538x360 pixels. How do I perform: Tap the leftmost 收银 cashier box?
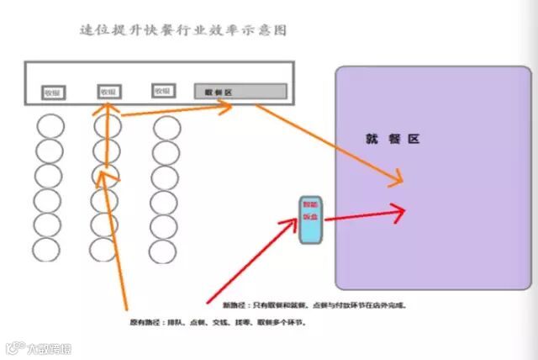[53, 92]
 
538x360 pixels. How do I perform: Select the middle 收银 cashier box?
[108, 91]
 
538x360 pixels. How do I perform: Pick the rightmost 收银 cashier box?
[163, 90]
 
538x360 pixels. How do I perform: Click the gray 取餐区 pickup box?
[240, 91]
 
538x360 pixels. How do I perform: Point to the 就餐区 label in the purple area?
[393, 139]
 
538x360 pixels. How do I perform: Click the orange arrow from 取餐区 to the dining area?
[328, 143]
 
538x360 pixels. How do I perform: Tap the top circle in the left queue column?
[49, 127]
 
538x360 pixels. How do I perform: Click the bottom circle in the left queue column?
[47, 250]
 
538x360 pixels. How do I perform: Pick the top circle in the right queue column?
[166, 129]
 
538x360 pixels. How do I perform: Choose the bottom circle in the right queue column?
[164, 250]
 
